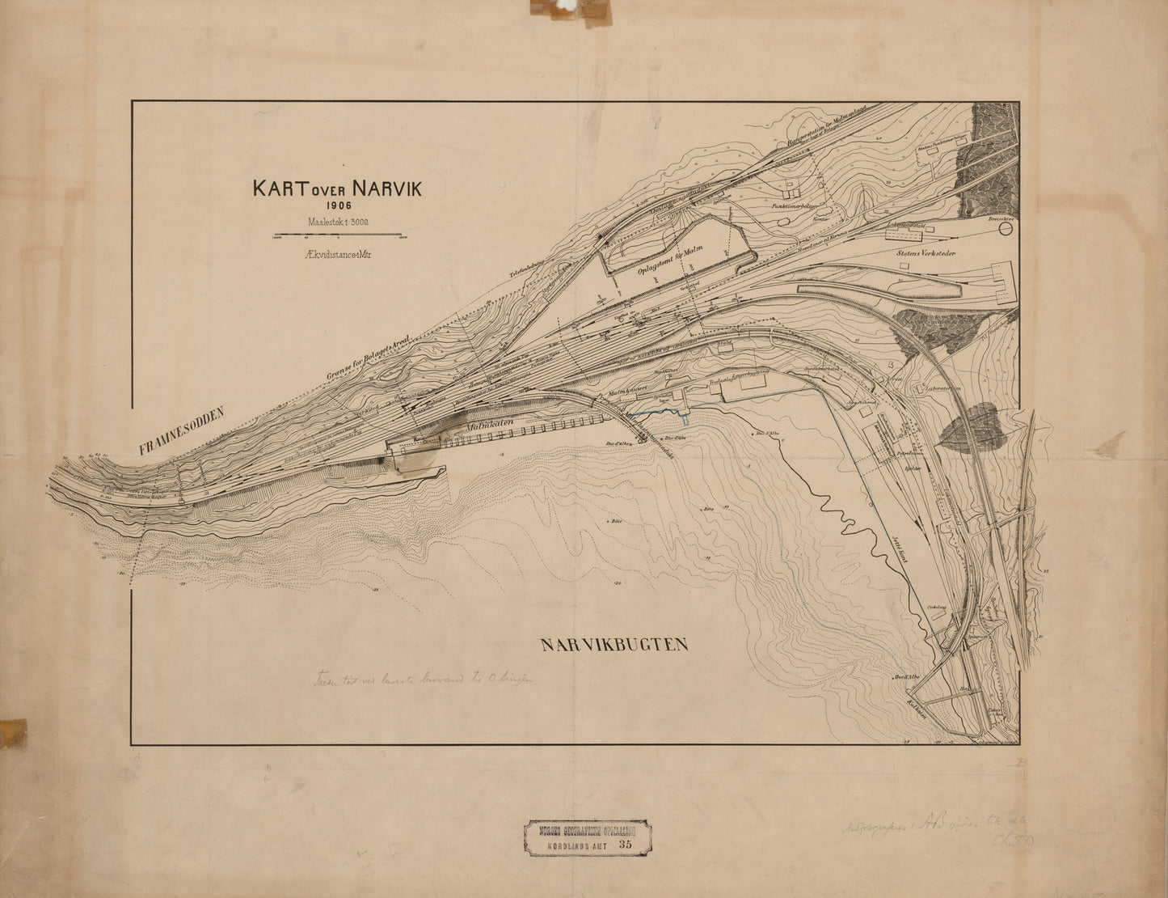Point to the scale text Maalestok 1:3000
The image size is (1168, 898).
click(338, 221)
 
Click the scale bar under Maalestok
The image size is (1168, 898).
click(338, 235)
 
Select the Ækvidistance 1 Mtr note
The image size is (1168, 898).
click(338, 253)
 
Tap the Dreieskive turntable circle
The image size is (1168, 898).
click(1006, 229)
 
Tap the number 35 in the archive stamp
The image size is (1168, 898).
click(624, 843)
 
